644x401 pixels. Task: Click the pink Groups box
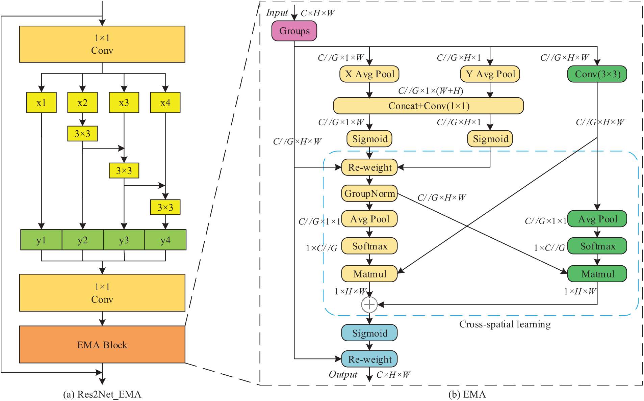point(294,31)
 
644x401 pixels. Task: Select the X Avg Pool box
point(369,74)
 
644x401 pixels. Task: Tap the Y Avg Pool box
point(490,74)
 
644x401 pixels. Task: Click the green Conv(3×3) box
point(597,74)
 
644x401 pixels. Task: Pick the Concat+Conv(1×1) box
point(429,106)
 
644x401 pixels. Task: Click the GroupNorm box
point(369,193)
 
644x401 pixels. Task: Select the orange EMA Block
point(102,344)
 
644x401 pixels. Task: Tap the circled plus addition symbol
point(369,304)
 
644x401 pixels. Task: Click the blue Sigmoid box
point(369,333)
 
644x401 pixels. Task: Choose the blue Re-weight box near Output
point(369,359)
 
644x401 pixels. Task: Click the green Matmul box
point(597,274)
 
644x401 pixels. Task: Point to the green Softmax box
point(597,246)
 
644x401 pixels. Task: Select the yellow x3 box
point(124,103)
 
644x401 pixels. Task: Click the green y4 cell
point(165,240)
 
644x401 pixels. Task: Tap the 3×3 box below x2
point(82,134)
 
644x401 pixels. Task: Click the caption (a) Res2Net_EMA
point(102,394)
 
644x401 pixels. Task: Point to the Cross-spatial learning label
point(505,324)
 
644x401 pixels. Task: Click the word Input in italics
point(277,13)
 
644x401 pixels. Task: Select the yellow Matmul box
point(369,274)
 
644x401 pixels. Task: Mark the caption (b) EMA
point(467,394)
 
